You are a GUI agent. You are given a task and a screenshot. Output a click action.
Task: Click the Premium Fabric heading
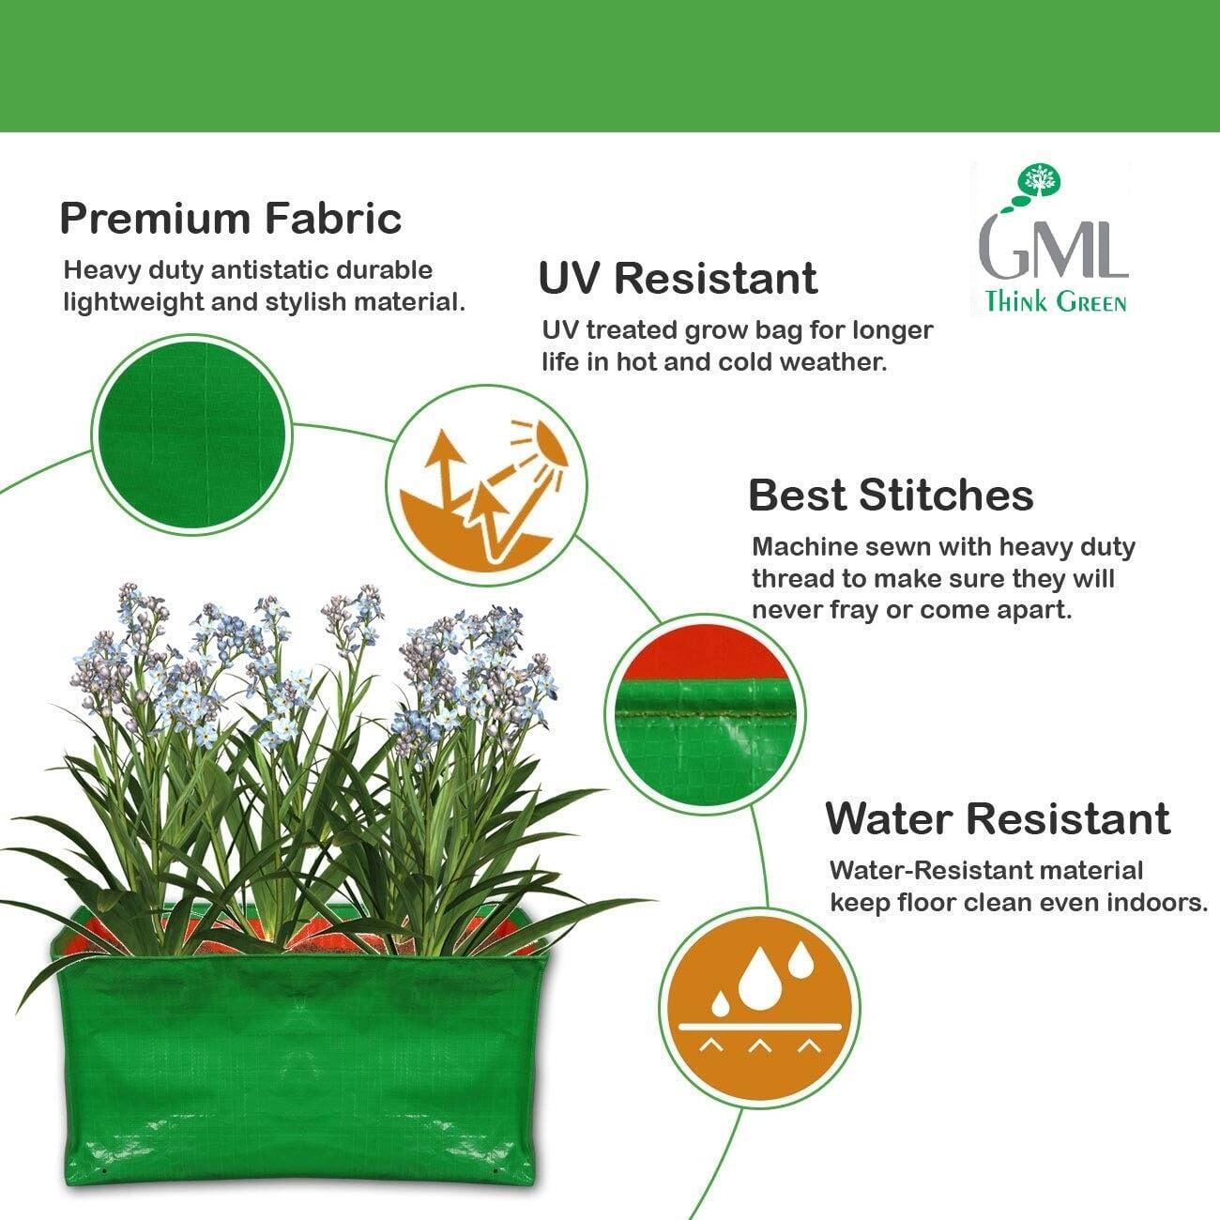point(231,219)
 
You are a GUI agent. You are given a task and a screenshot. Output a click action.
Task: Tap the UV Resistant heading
point(678,278)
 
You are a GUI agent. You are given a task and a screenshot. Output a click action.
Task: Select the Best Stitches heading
point(891,495)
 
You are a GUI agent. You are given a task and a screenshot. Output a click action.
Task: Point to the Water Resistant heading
point(998,818)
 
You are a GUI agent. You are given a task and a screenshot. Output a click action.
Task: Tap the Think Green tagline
point(1056,301)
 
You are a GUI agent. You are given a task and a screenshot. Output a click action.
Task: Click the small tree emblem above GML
point(1040,180)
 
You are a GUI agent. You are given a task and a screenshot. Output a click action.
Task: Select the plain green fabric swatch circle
point(191,435)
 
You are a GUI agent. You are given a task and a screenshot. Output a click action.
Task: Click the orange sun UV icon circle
point(486,485)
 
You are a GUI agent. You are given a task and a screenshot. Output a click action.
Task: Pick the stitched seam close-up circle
point(704,715)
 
